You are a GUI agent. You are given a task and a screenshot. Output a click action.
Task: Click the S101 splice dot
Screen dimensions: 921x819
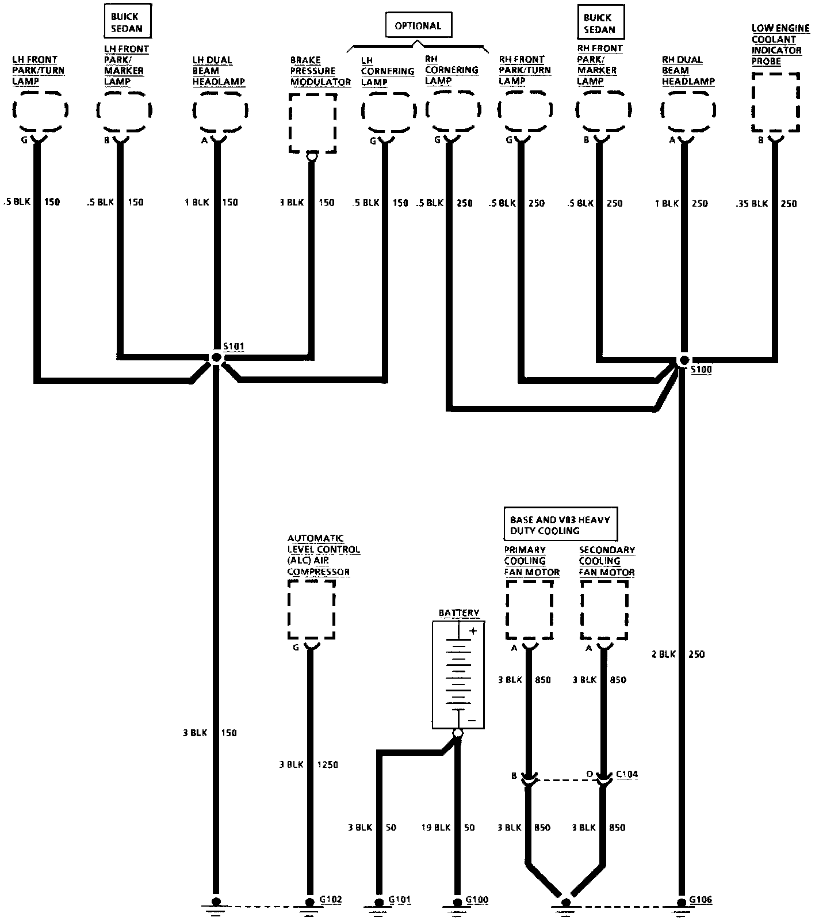point(216,357)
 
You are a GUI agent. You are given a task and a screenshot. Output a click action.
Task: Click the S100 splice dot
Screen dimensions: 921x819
point(684,360)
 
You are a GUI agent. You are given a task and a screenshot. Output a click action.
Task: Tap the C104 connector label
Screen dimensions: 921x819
point(626,774)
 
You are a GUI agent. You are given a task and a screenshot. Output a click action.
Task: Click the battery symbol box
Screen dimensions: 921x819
point(458,675)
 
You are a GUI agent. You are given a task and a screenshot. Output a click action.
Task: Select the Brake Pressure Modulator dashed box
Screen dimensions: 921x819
point(312,124)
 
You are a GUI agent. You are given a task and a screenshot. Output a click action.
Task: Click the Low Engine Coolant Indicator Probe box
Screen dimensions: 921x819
point(775,102)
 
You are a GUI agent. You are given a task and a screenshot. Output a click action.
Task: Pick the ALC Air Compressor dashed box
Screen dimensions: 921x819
point(311,609)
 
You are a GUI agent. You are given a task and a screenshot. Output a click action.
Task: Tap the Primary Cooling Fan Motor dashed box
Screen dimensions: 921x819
point(529,609)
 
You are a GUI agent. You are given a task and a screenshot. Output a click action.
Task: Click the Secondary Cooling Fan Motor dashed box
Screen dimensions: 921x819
point(604,609)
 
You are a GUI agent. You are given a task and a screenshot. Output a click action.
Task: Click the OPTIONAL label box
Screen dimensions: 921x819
point(418,26)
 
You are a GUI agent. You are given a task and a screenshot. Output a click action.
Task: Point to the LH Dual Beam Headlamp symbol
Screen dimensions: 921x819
point(220,110)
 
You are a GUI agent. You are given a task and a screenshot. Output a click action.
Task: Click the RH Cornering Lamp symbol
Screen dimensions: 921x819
point(453,109)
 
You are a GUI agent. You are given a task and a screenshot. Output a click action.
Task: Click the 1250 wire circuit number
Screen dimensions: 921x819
point(328,764)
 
